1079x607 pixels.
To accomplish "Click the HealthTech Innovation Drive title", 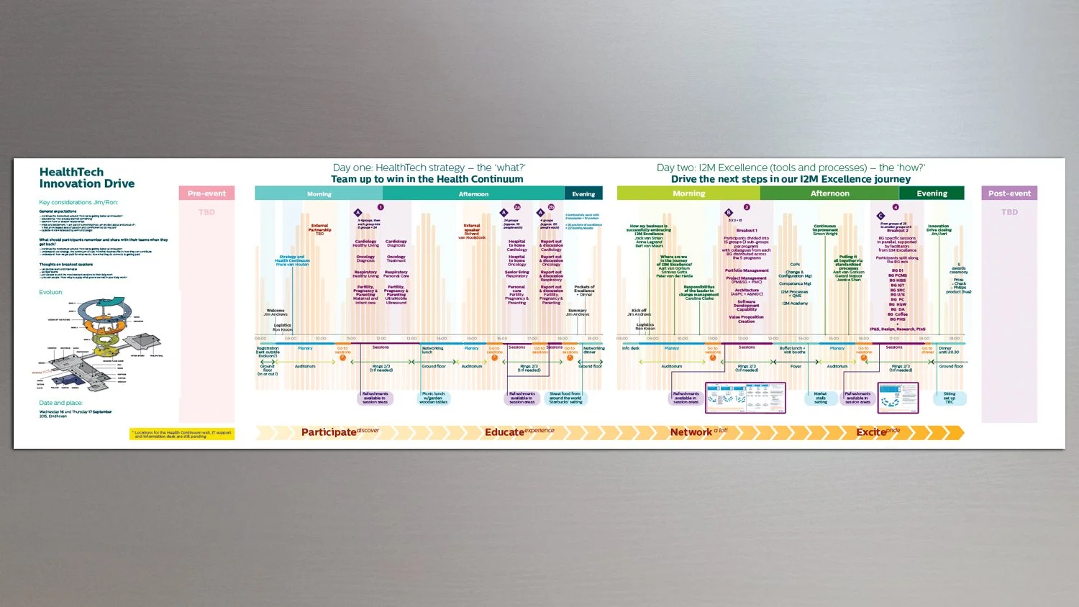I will click(86, 178).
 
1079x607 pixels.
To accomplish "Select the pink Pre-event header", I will click(206, 193).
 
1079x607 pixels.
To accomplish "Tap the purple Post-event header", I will click(1009, 193).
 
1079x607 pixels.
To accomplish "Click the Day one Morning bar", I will click(319, 193).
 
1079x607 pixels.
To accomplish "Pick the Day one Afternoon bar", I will click(473, 193).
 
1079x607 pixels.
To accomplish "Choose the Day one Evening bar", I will click(583, 193).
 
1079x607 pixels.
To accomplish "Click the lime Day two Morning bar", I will click(688, 193).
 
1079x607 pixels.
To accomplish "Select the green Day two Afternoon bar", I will click(829, 193).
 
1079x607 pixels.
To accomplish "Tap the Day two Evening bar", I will click(932, 193).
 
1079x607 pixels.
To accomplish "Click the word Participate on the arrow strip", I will click(329, 432).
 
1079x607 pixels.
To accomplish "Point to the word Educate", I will click(504, 432).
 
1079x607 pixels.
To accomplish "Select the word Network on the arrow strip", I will click(691, 432).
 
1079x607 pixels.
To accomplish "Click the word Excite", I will click(870, 432).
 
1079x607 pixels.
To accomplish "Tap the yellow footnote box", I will click(182, 434).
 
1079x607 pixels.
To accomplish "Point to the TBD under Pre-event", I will click(206, 212).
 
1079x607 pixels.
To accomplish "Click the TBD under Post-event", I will click(1009, 212).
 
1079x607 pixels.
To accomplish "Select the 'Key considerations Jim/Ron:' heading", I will click(78, 203).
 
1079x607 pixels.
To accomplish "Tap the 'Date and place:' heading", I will click(60, 403).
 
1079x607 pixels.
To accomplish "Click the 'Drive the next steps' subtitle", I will click(791, 179).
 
